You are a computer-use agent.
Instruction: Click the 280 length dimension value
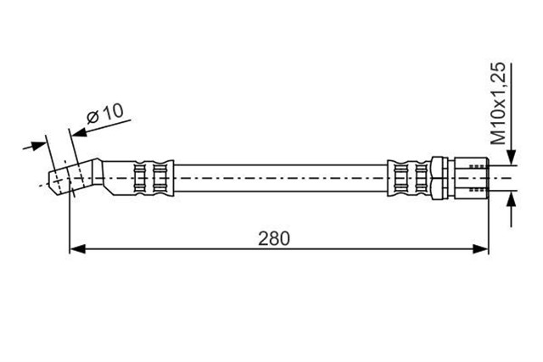(x=273, y=238)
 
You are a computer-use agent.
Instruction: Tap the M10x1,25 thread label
(x=499, y=103)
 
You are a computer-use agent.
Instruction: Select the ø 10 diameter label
(x=105, y=113)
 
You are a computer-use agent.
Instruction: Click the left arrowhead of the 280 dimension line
(x=77, y=248)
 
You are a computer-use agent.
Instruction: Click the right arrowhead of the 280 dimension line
(x=481, y=248)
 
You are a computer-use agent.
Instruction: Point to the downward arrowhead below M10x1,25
(x=512, y=157)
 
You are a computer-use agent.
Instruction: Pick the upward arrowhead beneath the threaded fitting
(x=512, y=199)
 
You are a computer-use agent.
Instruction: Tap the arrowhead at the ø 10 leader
(x=79, y=132)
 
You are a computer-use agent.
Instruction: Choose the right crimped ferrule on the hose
(x=409, y=178)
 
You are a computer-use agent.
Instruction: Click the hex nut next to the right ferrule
(x=439, y=178)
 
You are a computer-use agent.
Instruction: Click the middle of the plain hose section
(x=281, y=178)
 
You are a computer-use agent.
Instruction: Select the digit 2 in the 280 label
(x=263, y=238)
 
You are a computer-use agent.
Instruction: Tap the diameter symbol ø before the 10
(x=92, y=117)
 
